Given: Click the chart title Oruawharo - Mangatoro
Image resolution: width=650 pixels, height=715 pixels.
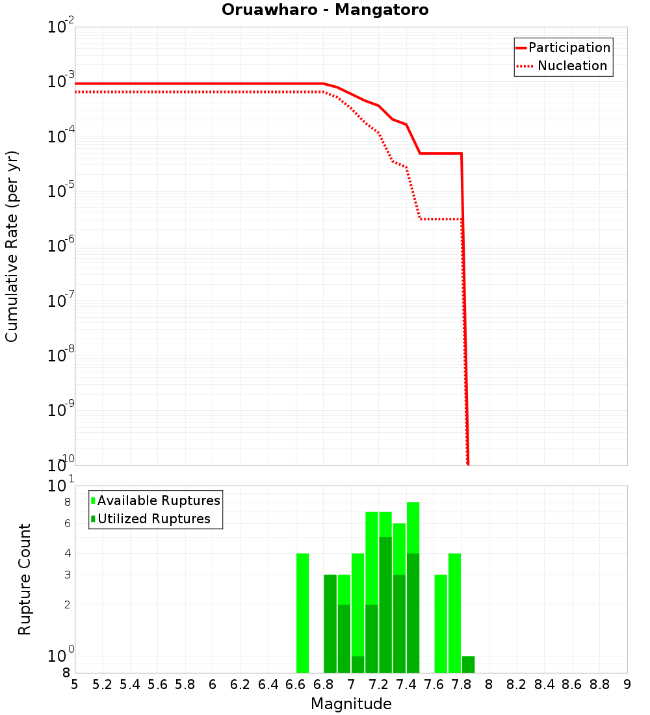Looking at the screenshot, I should [325, 10].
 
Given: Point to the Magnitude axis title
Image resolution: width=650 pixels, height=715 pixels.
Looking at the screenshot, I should [351, 704].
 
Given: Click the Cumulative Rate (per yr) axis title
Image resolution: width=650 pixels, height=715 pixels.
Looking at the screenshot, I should [12, 246].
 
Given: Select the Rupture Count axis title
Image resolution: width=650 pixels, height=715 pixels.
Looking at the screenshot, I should [25, 579].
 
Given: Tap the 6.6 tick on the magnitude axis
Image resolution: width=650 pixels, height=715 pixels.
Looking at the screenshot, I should [296, 684].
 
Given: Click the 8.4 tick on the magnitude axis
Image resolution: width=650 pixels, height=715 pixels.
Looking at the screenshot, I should [545, 684].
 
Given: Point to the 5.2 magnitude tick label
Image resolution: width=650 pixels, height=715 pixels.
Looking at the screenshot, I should [102, 684].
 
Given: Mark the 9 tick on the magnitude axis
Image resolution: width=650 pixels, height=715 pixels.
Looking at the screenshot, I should [627, 684].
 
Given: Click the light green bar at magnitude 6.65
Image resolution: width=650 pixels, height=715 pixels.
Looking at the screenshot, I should [302, 613].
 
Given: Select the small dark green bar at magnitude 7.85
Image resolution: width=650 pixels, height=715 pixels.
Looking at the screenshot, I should [468, 664].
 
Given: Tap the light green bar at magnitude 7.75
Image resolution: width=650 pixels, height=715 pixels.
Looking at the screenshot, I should [454, 613].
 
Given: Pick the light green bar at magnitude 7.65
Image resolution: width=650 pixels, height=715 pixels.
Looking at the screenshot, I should [441, 624].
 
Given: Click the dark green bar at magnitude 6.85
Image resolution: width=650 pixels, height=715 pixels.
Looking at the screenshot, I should [330, 624].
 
